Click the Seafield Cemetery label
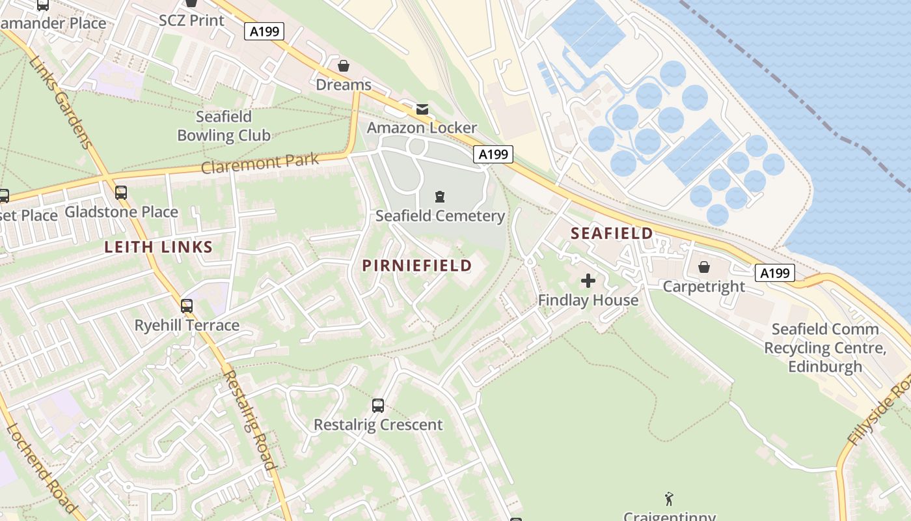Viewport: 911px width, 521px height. pos(440,216)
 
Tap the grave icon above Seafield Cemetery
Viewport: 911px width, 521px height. pos(440,196)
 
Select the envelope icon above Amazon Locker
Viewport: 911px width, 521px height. pos(422,109)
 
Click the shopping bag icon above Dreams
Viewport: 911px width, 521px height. pos(343,66)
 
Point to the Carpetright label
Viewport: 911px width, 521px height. pos(703,287)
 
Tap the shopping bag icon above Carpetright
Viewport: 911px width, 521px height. pos(703,267)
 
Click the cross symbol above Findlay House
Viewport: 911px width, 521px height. pos(588,281)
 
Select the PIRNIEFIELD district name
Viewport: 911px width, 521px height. pos(416,266)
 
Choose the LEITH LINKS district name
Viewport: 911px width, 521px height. pos(159,247)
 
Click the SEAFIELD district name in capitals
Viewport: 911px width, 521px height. pos(612,233)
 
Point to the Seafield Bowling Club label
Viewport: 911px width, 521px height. pos(224,126)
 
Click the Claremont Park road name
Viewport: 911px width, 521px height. pos(260,163)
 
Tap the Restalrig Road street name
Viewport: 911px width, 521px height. pos(250,420)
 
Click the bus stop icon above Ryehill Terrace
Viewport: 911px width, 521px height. pos(187,305)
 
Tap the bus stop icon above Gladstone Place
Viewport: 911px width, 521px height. pos(121,193)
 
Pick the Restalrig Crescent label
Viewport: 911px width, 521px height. pos(378,425)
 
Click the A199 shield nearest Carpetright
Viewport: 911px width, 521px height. pos(775,273)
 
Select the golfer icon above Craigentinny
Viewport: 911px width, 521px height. pos(669,500)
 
